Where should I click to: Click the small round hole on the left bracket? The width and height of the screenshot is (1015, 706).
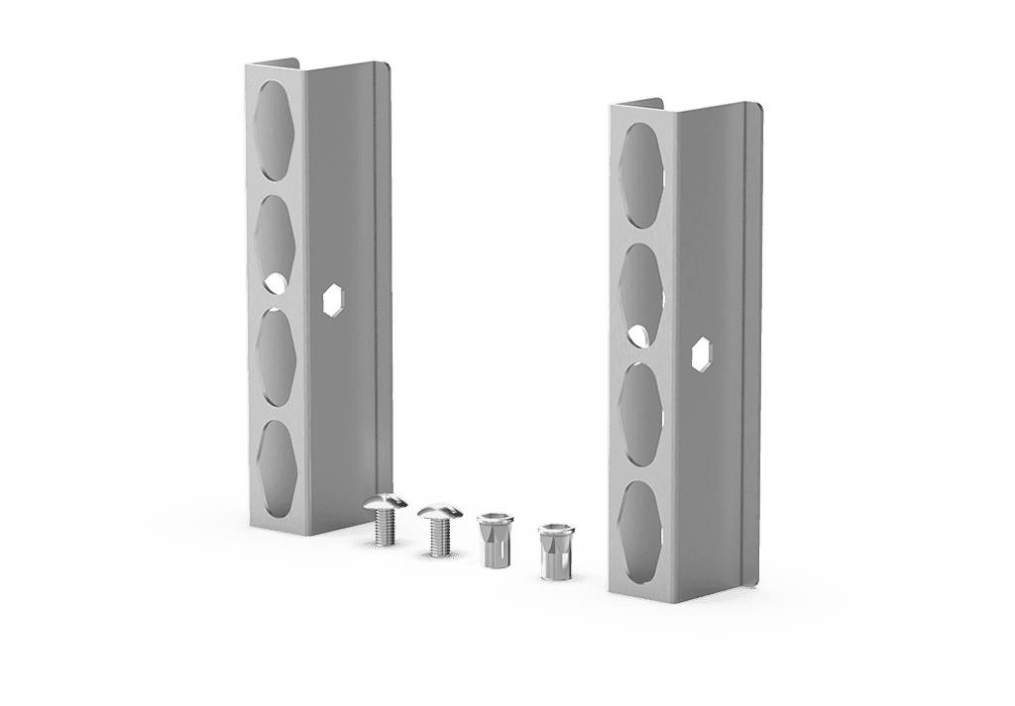point(273,283)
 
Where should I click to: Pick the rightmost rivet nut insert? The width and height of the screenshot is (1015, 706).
point(552,552)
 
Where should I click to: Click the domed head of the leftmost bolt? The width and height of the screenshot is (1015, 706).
point(386,505)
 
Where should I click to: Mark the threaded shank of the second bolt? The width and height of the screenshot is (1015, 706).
point(436,540)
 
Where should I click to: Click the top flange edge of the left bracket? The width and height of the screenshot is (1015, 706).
point(273,63)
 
